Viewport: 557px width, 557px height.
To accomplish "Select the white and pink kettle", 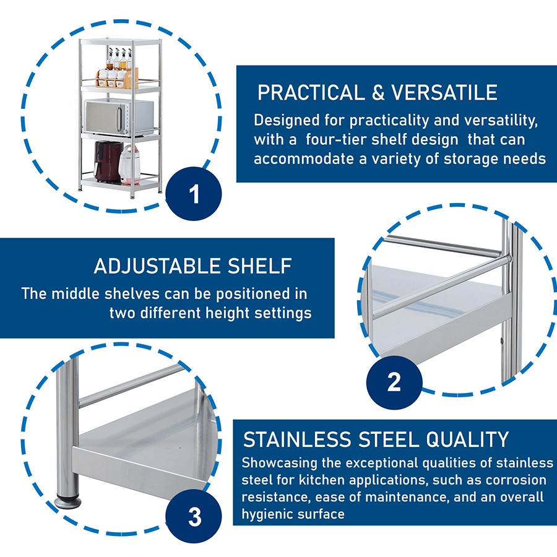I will coord(129,164).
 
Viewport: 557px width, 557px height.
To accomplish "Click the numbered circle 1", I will coord(194,195).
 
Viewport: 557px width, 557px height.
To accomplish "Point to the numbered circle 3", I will coord(194,517).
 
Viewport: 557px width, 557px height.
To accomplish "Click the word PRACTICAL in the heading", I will coord(311,93).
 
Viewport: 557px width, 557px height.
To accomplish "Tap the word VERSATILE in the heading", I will coord(444,93).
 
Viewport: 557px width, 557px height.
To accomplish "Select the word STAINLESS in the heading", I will coord(297,439).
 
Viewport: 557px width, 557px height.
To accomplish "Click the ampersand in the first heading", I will coord(378,93).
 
